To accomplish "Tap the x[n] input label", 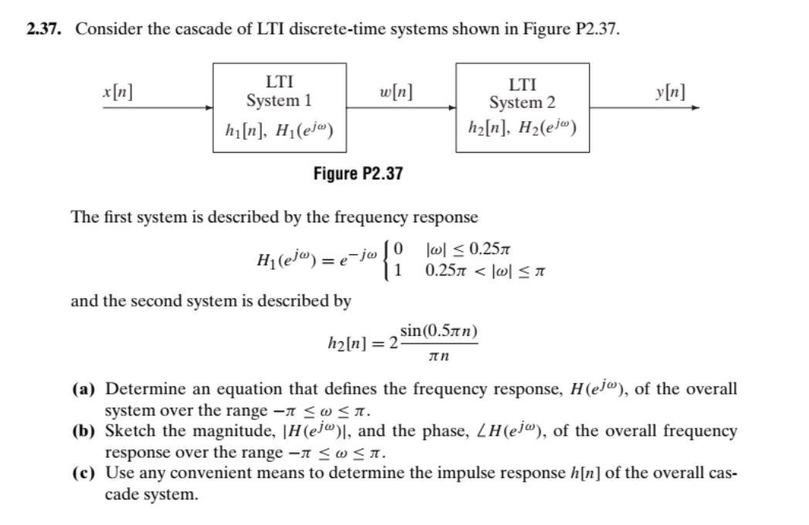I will pyautogui.click(x=117, y=92).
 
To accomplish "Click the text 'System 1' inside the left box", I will pyautogui.click(x=279, y=100).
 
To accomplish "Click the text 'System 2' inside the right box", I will pyautogui.click(x=522, y=102).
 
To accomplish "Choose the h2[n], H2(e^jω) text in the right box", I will pyautogui.click(x=522, y=128).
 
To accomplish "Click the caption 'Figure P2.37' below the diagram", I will pyautogui.click(x=358, y=174).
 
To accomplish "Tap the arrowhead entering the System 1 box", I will pyautogui.click(x=209, y=107).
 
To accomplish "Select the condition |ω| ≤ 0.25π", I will pyautogui.click(x=468, y=250).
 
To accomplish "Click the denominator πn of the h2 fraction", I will pyautogui.click(x=439, y=357).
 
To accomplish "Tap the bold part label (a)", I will pyautogui.click(x=83, y=389).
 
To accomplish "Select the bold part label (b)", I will pyautogui.click(x=83, y=431).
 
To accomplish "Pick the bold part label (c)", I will pyautogui.click(x=83, y=472).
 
